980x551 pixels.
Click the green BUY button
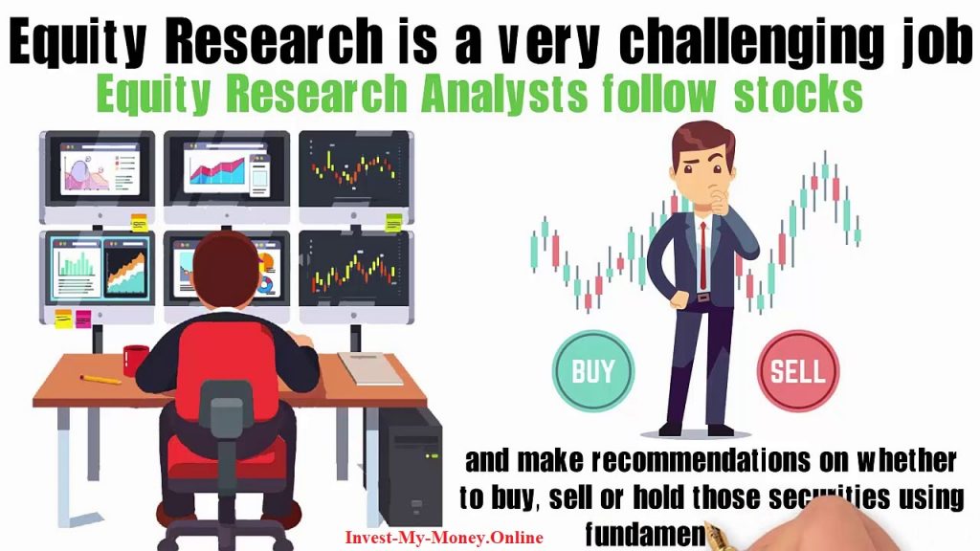click(593, 370)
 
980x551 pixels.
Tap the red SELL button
click(797, 370)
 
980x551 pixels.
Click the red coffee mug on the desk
click(135, 361)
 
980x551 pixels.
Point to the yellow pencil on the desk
click(100, 379)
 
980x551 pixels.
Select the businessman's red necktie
click(703, 255)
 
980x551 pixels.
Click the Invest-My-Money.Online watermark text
click(444, 538)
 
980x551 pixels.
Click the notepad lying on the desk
click(370, 368)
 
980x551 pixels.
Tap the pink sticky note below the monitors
click(83, 319)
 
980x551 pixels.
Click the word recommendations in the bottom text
click(700, 460)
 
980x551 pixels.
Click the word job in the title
click(938, 42)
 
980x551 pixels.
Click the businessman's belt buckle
click(703, 298)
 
